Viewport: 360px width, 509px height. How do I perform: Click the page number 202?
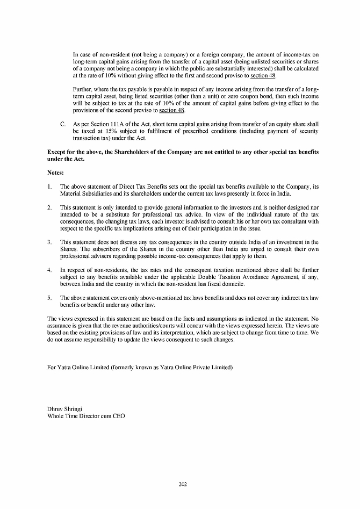point(182,484)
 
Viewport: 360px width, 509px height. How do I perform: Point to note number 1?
point(49,187)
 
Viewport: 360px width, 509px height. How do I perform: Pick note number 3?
point(49,242)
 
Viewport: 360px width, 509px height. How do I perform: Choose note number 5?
point(49,298)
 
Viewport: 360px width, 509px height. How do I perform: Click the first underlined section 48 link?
point(263,76)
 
